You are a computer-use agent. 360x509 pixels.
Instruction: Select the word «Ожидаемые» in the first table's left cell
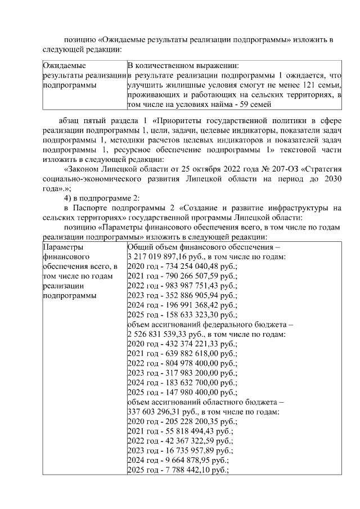click(64, 65)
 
